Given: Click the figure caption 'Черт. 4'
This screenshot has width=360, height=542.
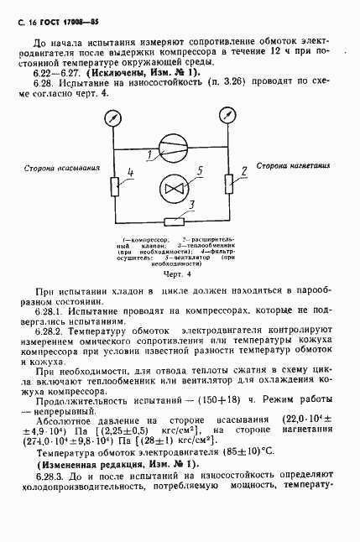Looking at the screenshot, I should point(177,274).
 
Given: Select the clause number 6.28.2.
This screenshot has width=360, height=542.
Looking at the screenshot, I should point(45,332).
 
